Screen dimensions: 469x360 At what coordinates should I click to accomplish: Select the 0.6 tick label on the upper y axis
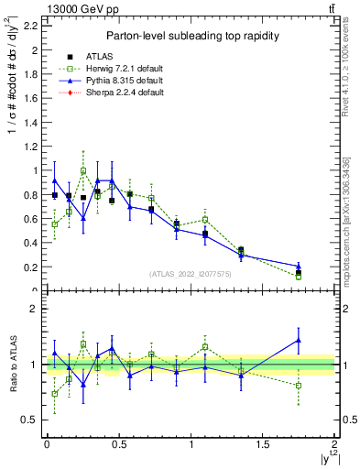tap(31, 219)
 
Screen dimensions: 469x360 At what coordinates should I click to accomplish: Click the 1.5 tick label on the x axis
tap(263, 445)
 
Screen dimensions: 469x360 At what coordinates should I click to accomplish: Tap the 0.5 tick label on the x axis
tap(118, 445)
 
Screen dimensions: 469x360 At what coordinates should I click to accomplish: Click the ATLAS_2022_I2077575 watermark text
tap(190, 274)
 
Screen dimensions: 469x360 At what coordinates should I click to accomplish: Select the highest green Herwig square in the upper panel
tap(83, 170)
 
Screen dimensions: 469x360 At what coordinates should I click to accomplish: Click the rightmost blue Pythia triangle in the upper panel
tap(299, 266)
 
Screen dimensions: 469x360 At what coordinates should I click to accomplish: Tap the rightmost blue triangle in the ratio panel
tap(299, 340)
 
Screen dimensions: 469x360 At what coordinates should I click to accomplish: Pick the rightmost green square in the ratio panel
tap(299, 386)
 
